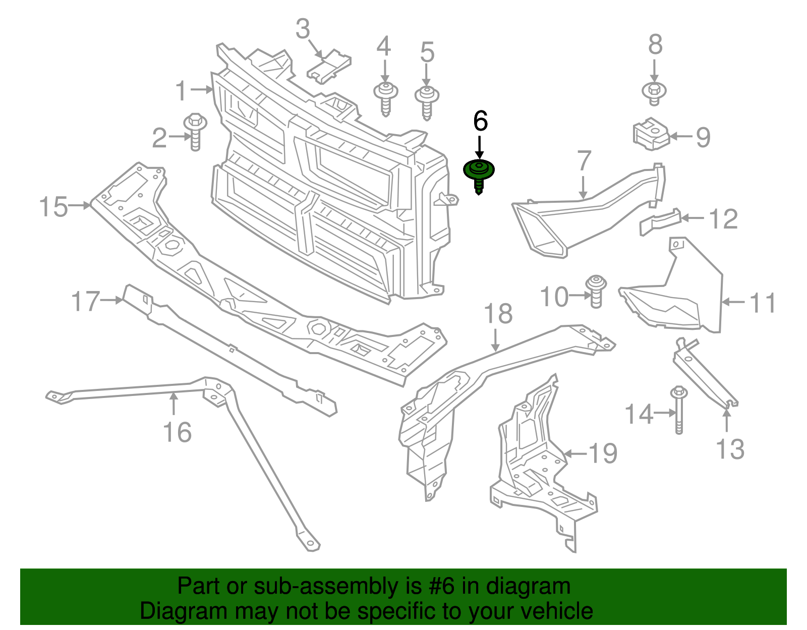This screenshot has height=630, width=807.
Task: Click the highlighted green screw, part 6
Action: click(x=479, y=174)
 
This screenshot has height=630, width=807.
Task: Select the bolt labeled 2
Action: click(x=195, y=132)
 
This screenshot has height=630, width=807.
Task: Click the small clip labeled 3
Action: click(x=329, y=67)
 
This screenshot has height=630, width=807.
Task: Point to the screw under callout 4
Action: click(x=385, y=98)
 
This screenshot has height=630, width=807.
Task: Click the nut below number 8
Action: click(x=654, y=93)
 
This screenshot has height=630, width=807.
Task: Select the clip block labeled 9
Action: click(x=651, y=134)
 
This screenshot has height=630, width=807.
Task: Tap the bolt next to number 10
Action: click(x=596, y=291)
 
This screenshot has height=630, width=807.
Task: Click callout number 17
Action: click(x=86, y=301)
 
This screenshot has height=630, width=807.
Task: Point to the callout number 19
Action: click(x=603, y=453)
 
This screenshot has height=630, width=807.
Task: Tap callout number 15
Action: click(x=53, y=207)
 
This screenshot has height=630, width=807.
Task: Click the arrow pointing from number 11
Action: click(x=734, y=302)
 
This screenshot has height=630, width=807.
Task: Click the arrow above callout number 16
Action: click(x=174, y=405)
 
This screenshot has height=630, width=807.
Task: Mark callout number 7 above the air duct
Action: click(x=584, y=161)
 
